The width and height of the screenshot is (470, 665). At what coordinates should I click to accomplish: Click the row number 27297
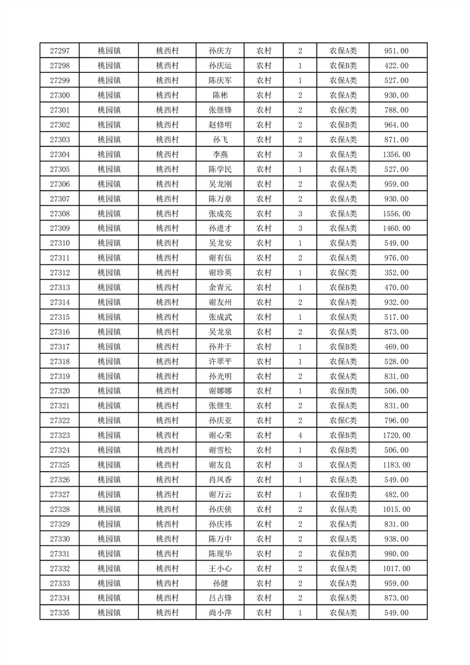click(x=60, y=51)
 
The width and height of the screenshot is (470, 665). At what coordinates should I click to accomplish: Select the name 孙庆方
click(x=220, y=51)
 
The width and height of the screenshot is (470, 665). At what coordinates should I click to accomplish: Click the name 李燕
click(x=220, y=155)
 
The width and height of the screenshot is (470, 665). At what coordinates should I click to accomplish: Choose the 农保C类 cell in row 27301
click(x=343, y=110)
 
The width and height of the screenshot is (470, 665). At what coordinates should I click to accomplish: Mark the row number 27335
click(x=60, y=613)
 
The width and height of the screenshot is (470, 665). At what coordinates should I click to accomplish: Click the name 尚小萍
click(x=220, y=613)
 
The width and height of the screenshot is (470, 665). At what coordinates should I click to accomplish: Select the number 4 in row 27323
click(x=300, y=436)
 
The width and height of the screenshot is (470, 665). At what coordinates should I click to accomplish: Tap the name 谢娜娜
click(x=220, y=391)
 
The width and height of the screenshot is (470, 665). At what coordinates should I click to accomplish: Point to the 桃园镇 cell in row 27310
click(x=109, y=243)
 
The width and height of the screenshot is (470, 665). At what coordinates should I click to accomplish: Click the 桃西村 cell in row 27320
click(x=167, y=391)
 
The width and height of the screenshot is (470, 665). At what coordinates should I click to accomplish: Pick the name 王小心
click(x=220, y=569)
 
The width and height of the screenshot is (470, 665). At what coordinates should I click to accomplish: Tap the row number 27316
click(x=60, y=332)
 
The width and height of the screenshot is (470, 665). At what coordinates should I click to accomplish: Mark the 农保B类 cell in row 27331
click(x=343, y=554)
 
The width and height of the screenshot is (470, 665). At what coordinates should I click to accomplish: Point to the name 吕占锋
click(x=220, y=598)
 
